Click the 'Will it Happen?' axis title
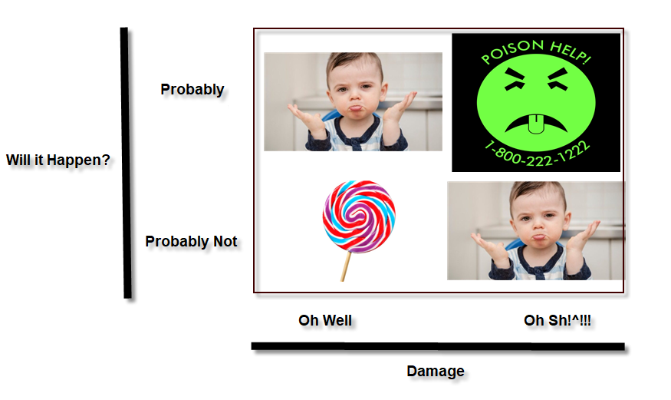[x=58, y=160]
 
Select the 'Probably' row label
[x=192, y=89]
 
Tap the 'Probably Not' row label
[x=191, y=241]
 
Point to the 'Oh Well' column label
[x=325, y=320]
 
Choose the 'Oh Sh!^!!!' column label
[x=558, y=320]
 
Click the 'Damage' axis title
[x=436, y=371]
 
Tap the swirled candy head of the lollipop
[x=359, y=217]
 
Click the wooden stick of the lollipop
[x=346, y=266]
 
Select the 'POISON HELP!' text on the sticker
[x=536, y=51]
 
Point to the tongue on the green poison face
[x=536, y=124]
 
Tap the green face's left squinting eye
[x=515, y=79]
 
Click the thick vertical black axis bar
[x=126, y=163]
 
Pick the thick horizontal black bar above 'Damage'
[x=438, y=346]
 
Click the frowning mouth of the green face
[x=536, y=123]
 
